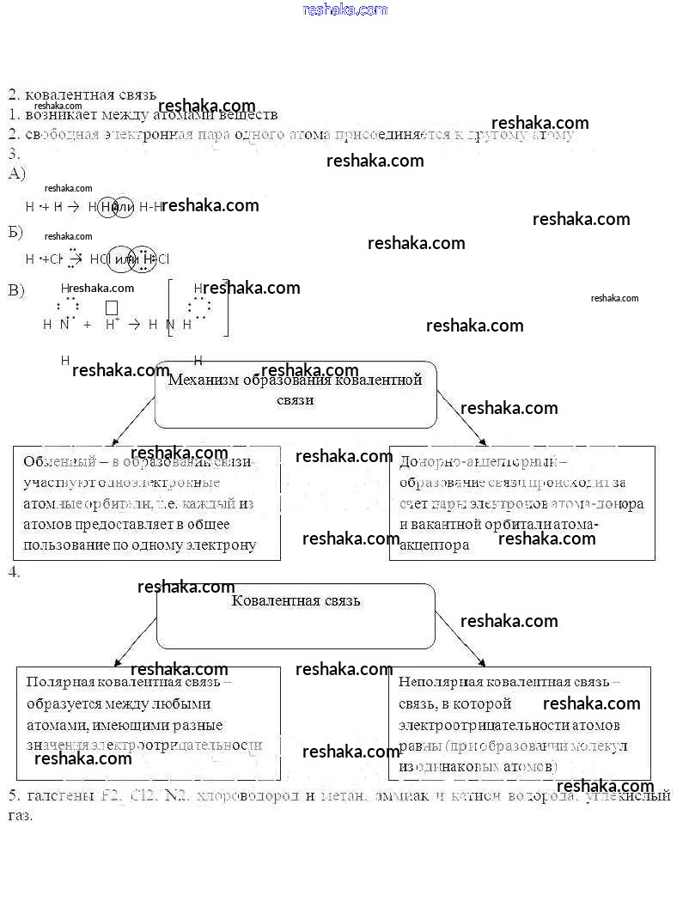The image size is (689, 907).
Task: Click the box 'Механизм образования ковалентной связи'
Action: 296,393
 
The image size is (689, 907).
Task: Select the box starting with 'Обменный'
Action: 147,502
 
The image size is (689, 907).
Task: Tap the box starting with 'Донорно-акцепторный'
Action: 521,502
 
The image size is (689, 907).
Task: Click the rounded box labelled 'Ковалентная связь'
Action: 296,616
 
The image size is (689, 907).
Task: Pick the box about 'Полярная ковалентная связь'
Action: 149,722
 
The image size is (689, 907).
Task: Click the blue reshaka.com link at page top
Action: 345,9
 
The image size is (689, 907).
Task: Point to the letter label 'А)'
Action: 16,173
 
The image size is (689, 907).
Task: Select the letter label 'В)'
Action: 16,289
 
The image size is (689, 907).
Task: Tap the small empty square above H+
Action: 111,307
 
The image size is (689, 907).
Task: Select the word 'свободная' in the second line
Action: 62,134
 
